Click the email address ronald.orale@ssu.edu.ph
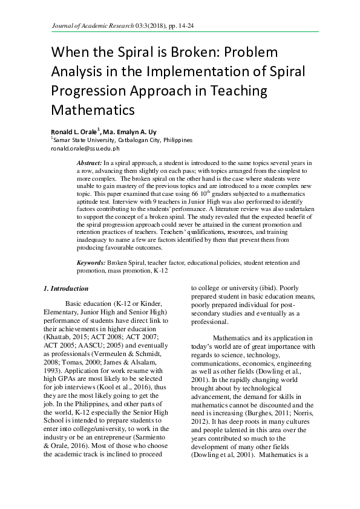click(85, 148)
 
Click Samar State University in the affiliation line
click(81, 140)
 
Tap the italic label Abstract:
click(90, 164)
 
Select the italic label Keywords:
click(91, 263)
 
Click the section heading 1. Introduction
click(66, 289)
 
